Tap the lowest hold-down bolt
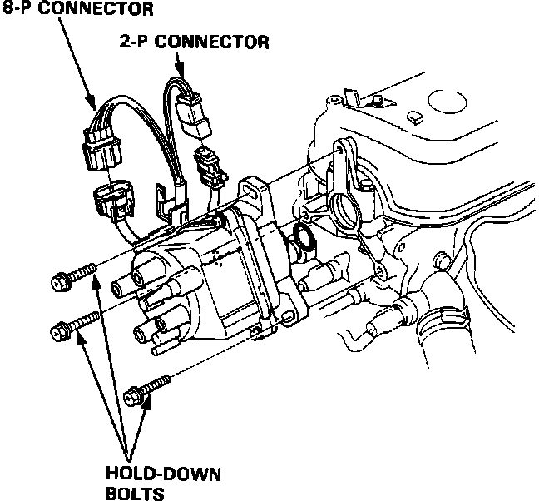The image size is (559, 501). pyautogui.click(x=146, y=389)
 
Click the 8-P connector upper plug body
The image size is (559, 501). pyautogui.click(x=100, y=141)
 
